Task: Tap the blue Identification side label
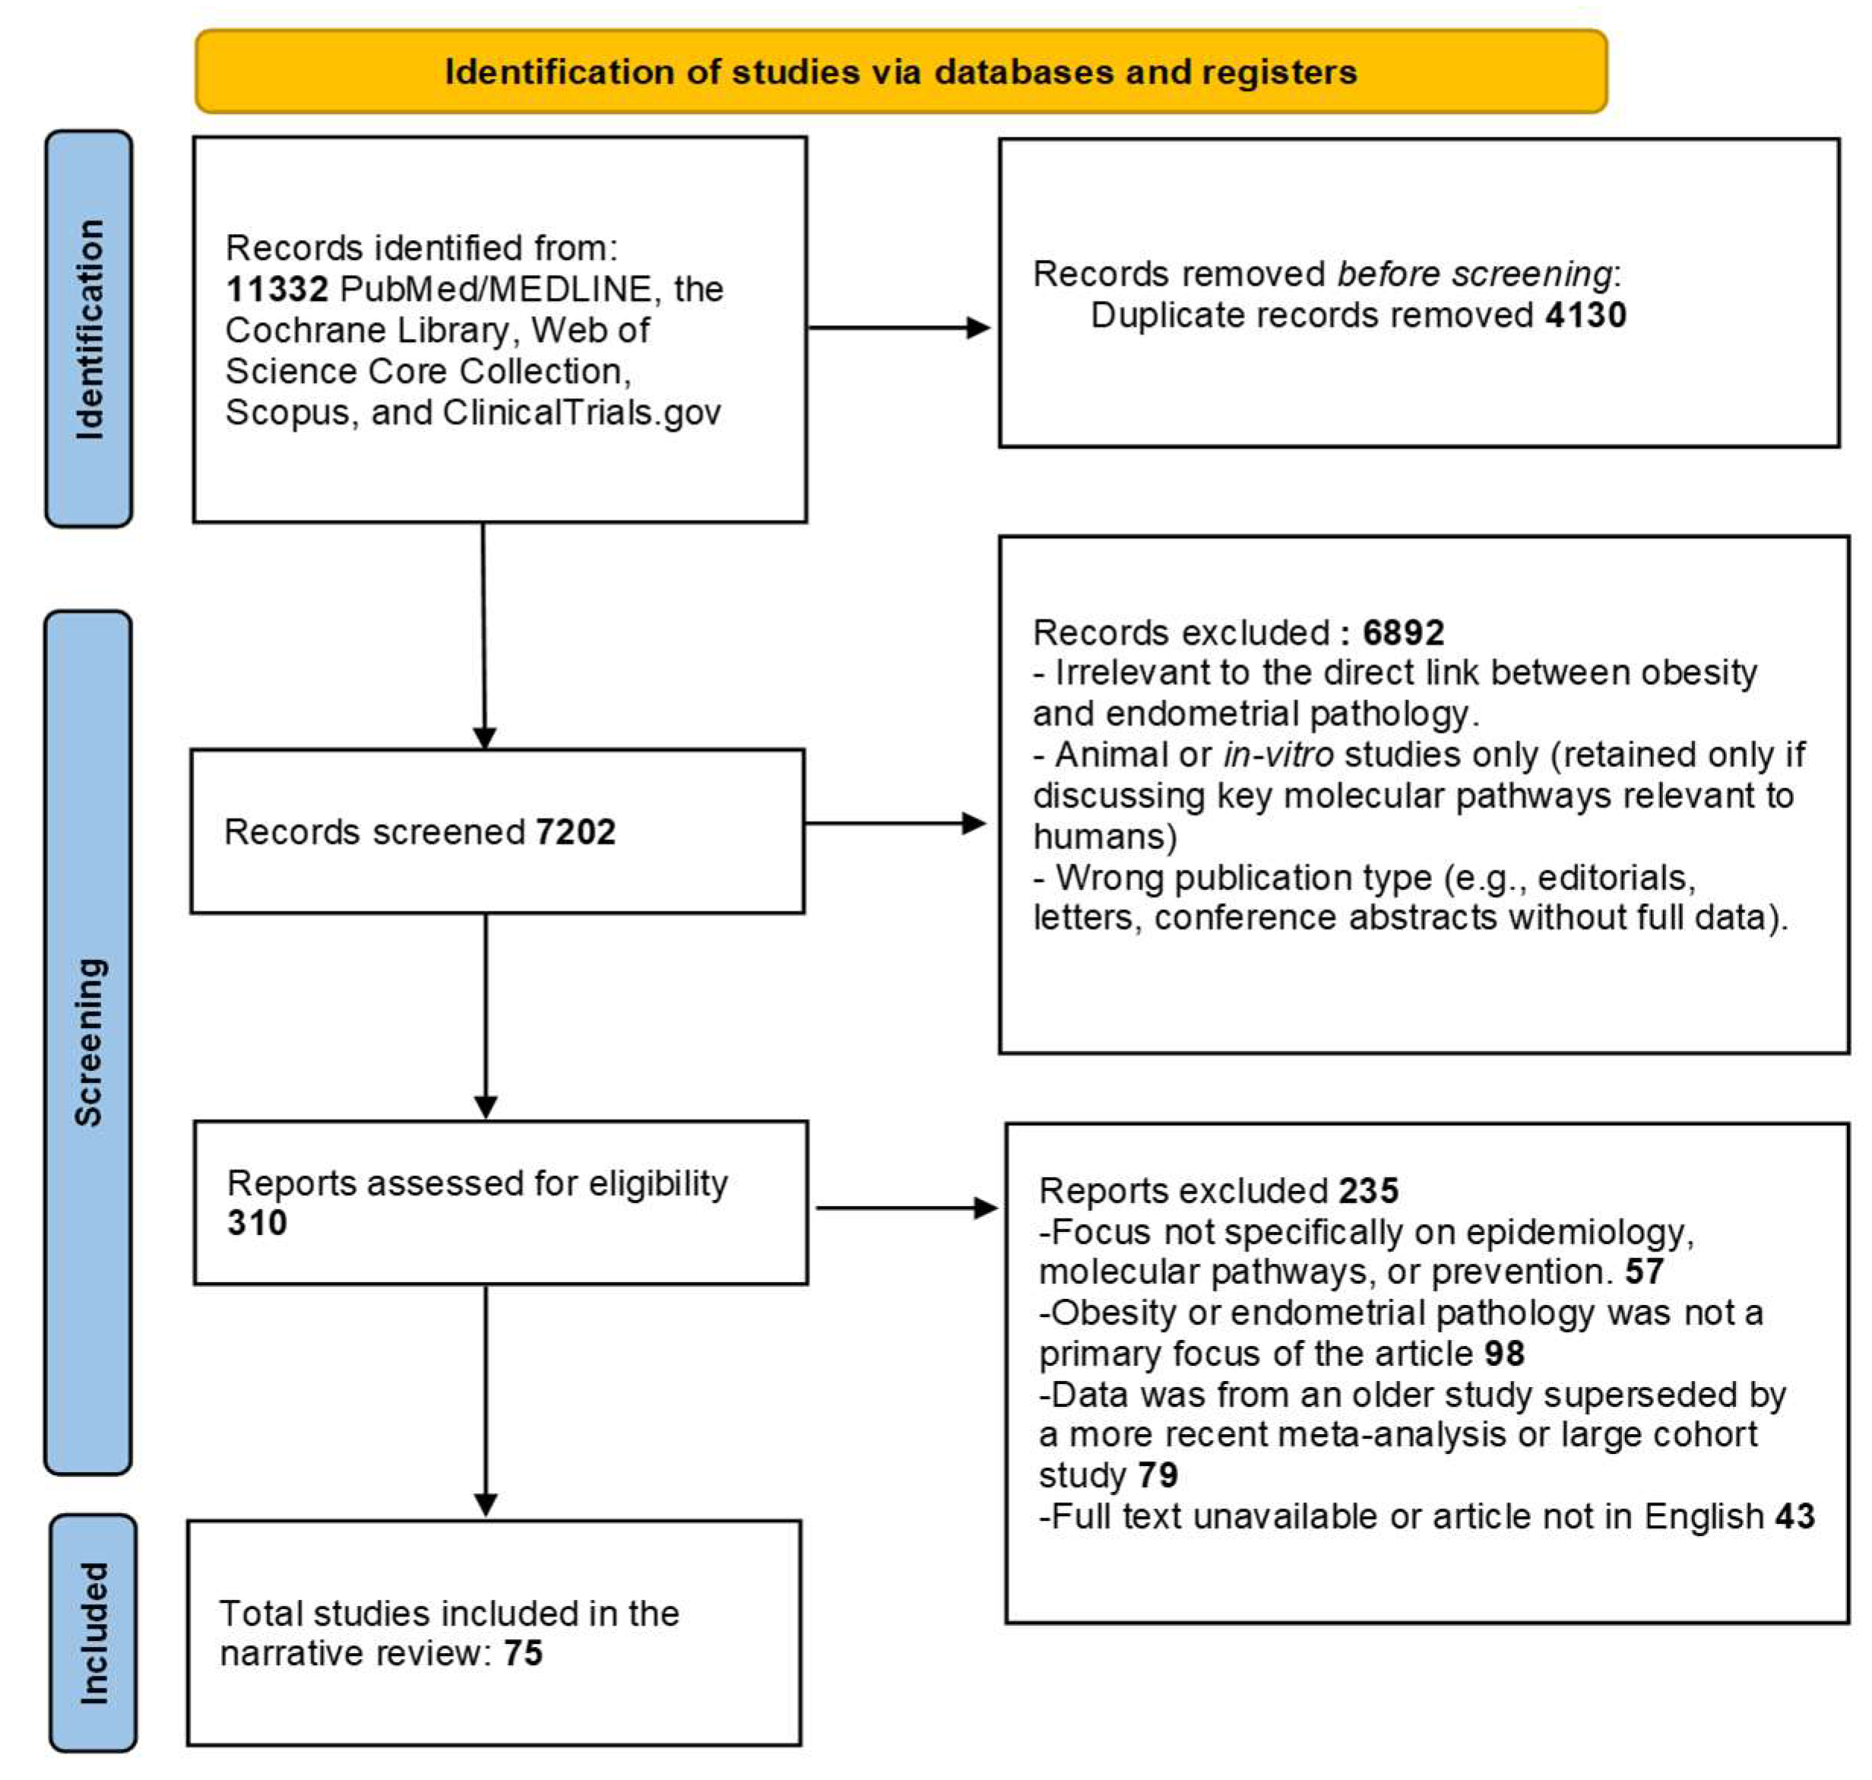[89, 329]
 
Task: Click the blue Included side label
[93, 1632]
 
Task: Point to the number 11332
[276, 290]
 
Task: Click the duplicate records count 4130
[1585, 315]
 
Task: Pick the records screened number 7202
[575, 832]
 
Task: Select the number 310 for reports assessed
[256, 1223]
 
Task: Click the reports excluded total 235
[1368, 1191]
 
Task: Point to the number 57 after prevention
[1644, 1272]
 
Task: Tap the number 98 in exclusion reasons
[1504, 1354]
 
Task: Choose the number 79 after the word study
[1158, 1475]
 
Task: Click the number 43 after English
[1794, 1516]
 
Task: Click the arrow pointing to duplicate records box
[898, 328]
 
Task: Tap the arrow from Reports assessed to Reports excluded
[905, 1208]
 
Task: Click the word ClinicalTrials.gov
[581, 413]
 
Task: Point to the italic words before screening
[1474, 274]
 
